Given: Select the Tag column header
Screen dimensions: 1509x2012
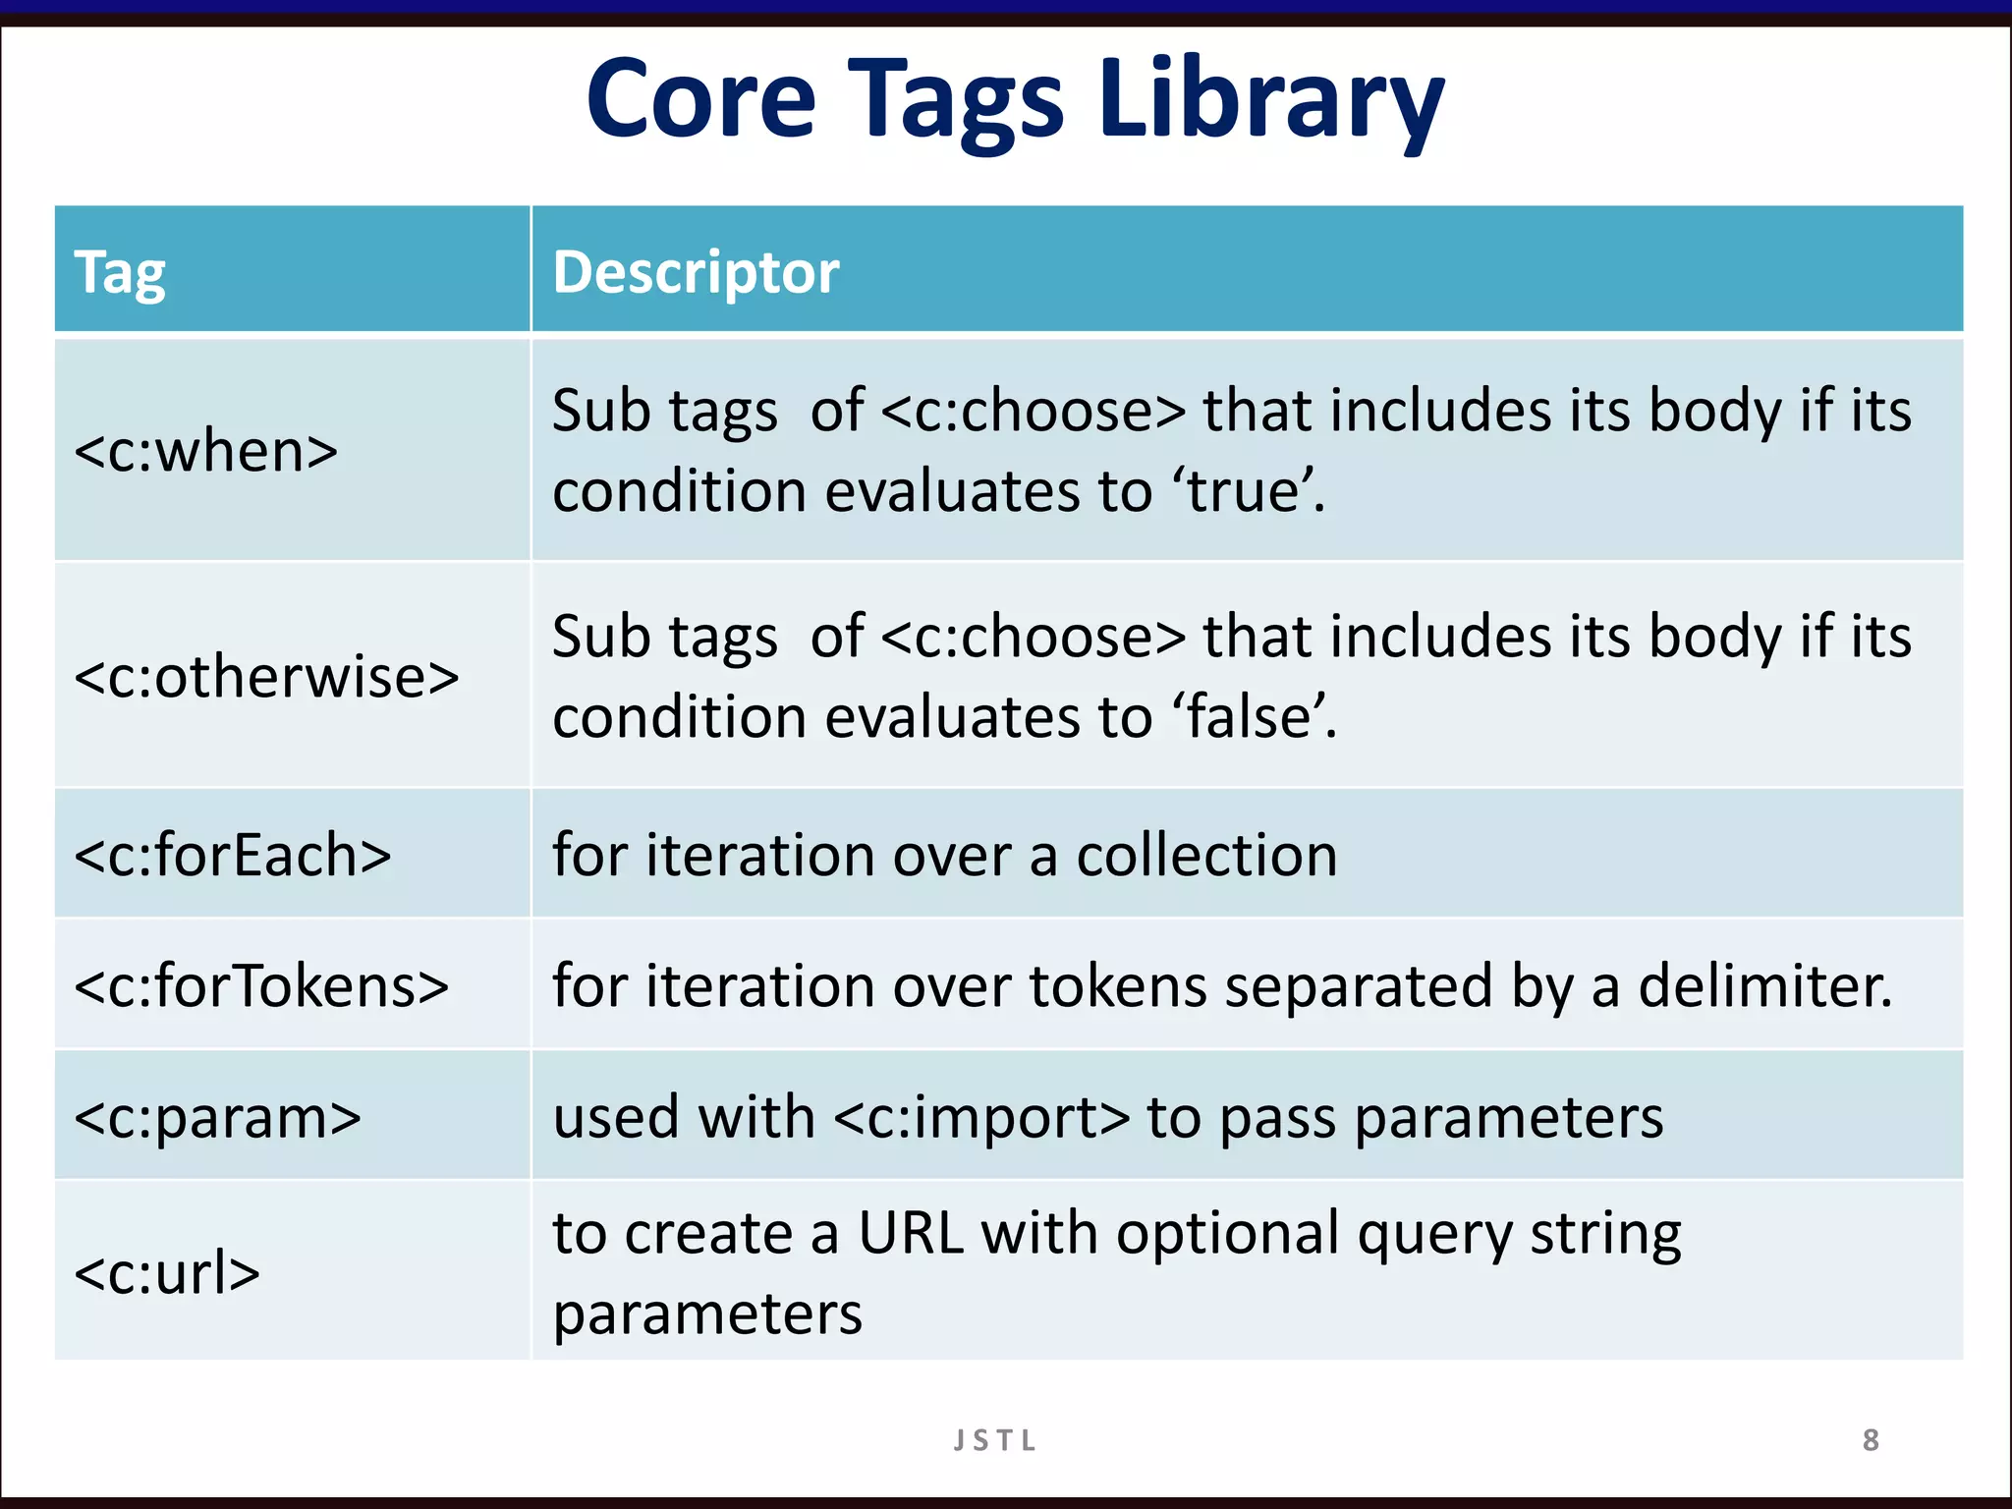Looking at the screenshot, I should pyautogui.click(x=120, y=272).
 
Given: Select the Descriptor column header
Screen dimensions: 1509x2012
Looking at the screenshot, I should pyautogui.click(x=696, y=272).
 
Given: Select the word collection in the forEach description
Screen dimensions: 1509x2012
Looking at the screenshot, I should pyautogui.click(x=1206, y=855).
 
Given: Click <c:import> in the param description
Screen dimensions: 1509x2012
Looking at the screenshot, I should pyautogui.click(x=982, y=1117).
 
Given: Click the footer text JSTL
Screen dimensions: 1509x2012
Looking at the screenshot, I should pyautogui.click(x=994, y=1440).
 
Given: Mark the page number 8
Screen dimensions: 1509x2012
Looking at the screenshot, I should pyautogui.click(x=1871, y=1440).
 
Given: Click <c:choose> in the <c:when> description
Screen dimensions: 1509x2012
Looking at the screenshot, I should pyautogui.click(x=1034, y=411).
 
